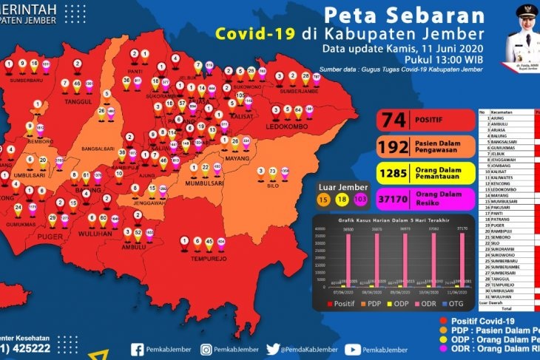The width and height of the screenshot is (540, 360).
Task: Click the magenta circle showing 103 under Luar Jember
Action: point(361,200)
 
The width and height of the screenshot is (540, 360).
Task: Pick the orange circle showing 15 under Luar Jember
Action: point(323,200)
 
